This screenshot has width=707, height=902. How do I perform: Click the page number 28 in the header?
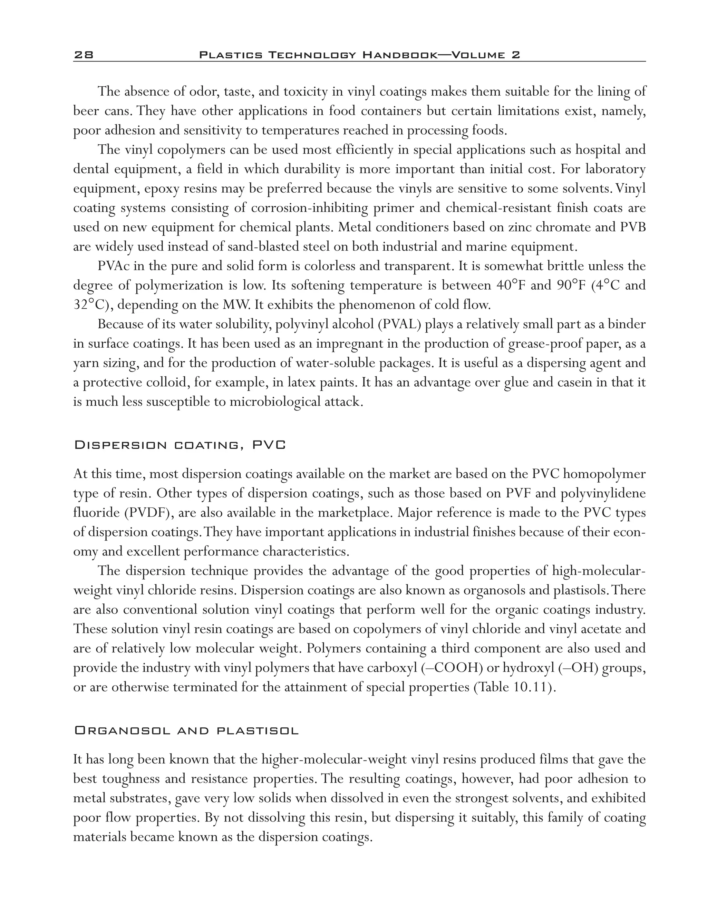tap(84, 55)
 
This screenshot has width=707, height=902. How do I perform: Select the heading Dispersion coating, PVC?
tap(180, 445)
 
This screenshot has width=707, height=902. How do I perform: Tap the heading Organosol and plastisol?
tap(186, 731)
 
